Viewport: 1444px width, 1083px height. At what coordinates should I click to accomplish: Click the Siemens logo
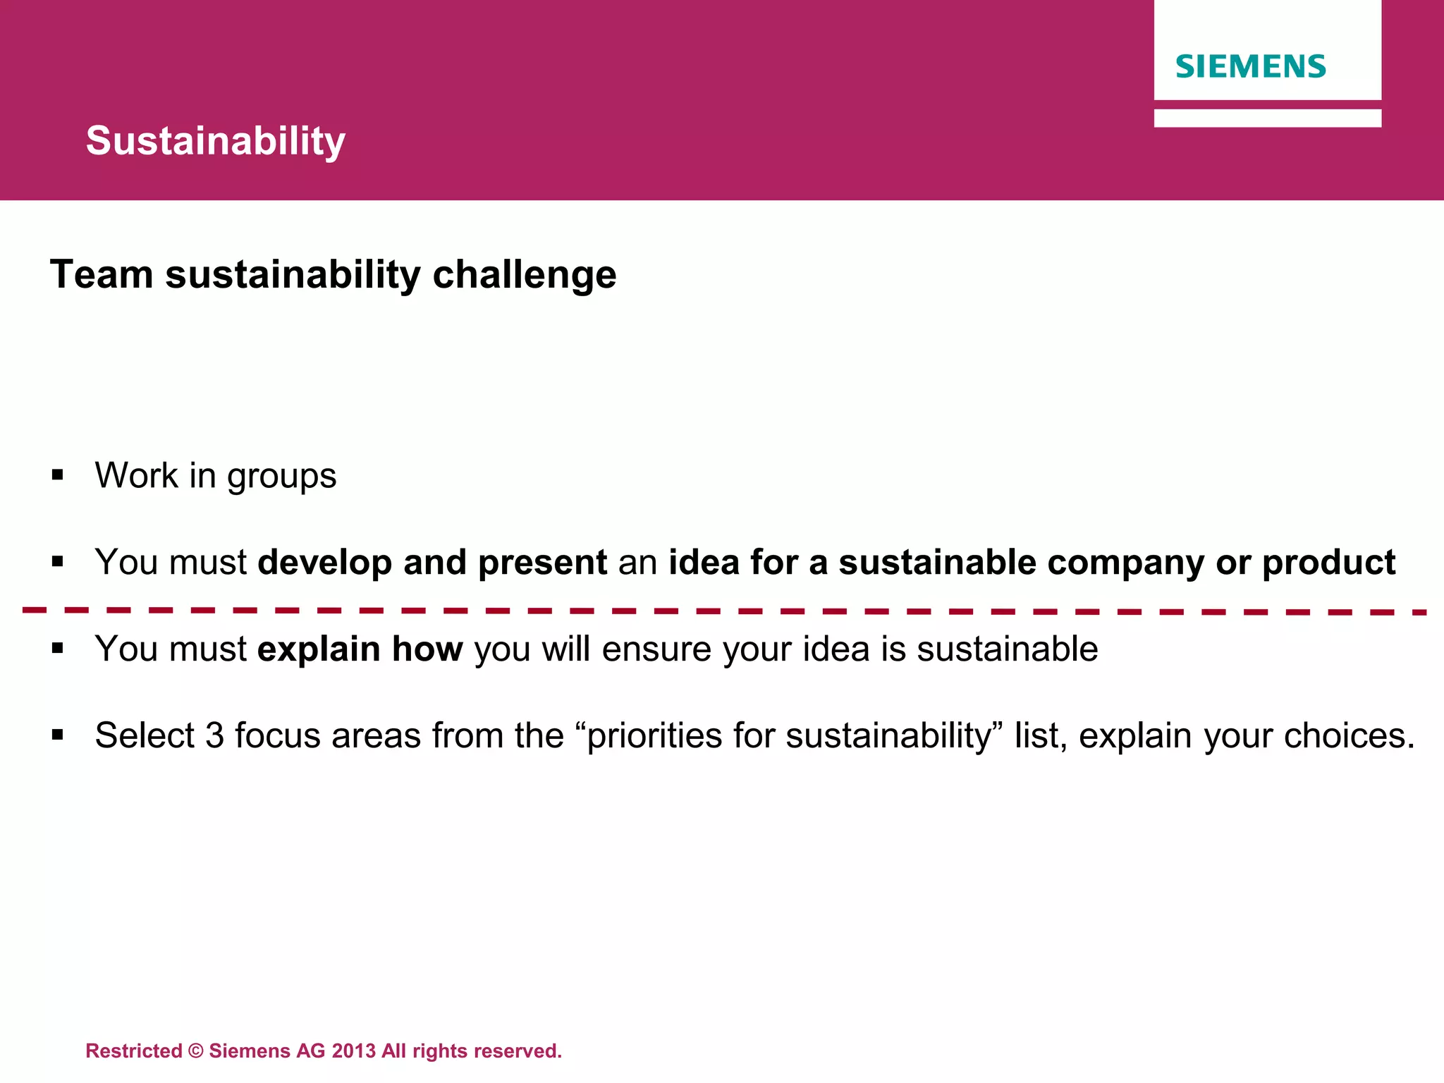click(x=1250, y=66)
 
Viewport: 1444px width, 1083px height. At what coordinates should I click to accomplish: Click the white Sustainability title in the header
click(x=216, y=140)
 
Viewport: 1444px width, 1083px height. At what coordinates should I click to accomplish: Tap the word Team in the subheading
click(x=102, y=274)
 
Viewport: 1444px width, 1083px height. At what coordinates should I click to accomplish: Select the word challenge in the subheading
click(x=524, y=274)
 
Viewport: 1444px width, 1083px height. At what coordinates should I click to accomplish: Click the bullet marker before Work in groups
click(x=58, y=475)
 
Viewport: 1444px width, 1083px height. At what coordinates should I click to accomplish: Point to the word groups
click(x=281, y=477)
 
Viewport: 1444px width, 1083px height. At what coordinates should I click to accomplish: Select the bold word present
click(x=542, y=563)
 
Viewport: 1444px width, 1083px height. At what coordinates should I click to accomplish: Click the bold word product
click(x=1328, y=563)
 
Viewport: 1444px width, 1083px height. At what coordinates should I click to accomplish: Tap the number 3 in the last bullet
click(x=214, y=735)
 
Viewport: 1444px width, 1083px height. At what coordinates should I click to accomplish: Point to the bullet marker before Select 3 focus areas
click(x=58, y=735)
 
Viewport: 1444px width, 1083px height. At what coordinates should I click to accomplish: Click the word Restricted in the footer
click(x=134, y=1051)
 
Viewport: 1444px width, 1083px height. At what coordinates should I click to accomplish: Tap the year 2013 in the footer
click(x=353, y=1051)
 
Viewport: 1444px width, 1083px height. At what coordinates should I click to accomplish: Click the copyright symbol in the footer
click(x=196, y=1051)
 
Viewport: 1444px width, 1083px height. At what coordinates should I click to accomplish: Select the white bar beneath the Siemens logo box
click(x=1267, y=118)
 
